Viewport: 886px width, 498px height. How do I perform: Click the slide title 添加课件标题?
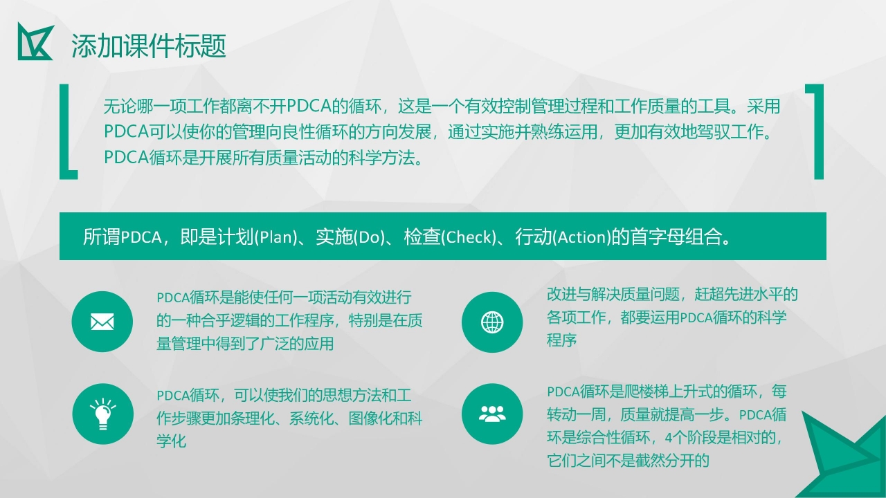[x=149, y=46]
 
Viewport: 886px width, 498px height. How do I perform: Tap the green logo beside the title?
[x=35, y=41]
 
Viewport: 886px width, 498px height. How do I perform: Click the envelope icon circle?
[x=102, y=322]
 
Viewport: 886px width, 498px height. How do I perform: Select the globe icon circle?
[x=492, y=322]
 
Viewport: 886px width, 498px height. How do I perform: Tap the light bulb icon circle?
[x=102, y=414]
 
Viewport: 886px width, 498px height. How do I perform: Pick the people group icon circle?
[x=492, y=414]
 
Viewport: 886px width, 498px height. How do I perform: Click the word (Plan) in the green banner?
[x=275, y=237]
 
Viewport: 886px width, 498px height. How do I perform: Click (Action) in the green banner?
[x=581, y=237]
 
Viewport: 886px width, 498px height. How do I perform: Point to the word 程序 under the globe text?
[x=561, y=340]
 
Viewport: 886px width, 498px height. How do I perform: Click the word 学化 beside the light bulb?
[x=172, y=441]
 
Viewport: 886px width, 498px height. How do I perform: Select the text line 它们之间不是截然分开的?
[x=629, y=460]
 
